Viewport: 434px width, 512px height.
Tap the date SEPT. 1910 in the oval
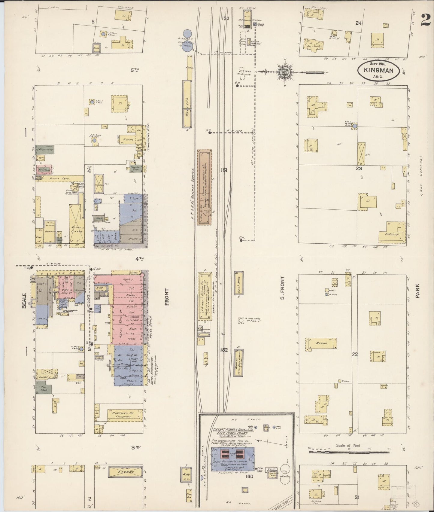[x=378, y=64]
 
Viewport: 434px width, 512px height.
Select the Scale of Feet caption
[x=348, y=446]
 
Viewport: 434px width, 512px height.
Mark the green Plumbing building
[x=45, y=149]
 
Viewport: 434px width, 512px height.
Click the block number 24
[x=358, y=23]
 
